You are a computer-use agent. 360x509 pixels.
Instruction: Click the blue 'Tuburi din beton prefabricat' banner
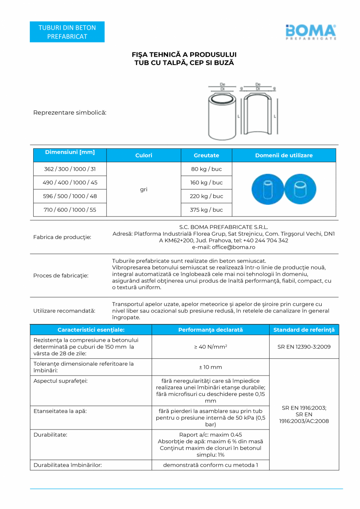67,32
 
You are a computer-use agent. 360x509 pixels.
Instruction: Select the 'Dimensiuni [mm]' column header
70,152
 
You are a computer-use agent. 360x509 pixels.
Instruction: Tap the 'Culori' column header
144,155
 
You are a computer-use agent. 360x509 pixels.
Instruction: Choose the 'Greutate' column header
206,155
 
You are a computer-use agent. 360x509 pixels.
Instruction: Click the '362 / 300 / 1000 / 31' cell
70,169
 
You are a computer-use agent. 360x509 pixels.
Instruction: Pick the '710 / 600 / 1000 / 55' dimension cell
70,210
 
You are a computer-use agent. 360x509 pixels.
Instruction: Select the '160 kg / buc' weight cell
206,183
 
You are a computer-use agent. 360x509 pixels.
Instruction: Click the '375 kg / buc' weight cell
206,210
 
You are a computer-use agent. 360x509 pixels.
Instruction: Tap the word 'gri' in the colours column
144,190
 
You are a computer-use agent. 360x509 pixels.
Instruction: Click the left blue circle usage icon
267,189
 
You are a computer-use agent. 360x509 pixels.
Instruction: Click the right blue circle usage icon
301,189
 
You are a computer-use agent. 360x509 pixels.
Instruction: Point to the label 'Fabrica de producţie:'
62,237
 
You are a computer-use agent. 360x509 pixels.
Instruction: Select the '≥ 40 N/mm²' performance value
210,347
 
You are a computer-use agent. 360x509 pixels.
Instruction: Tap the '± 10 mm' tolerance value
210,367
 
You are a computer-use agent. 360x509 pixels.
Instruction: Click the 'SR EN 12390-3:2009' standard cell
304,347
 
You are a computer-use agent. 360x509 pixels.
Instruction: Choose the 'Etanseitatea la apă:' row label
60,411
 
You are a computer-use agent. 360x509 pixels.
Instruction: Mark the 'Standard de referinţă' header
304,330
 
